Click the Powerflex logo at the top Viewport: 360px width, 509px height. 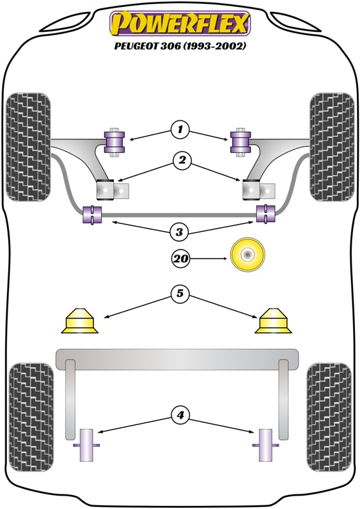pyautogui.click(x=180, y=24)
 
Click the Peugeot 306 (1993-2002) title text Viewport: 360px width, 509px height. pyautogui.click(x=180, y=46)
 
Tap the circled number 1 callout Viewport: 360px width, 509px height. pyautogui.click(x=180, y=130)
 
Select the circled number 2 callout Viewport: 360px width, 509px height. pyautogui.click(x=182, y=160)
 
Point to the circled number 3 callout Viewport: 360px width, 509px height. pyautogui.click(x=179, y=232)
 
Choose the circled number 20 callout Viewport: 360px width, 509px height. pyautogui.click(x=181, y=259)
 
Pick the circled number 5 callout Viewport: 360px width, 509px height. pyautogui.click(x=180, y=293)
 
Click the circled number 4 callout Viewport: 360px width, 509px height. pyautogui.click(x=180, y=415)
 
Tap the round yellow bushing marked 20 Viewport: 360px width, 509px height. pyautogui.click(x=247, y=254)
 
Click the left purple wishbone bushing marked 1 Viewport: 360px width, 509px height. pyautogui.click(x=114, y=142)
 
